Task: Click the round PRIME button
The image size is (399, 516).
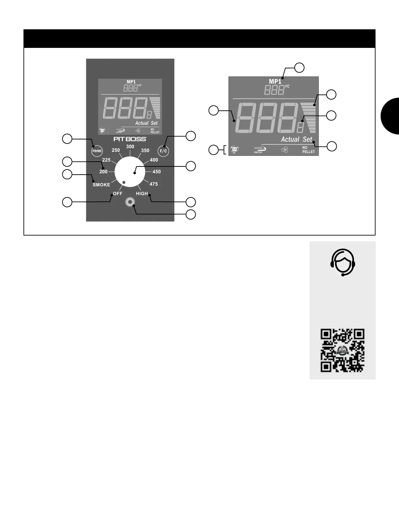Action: (x=97, y=151)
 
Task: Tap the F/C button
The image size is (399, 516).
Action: (x=163, y=151)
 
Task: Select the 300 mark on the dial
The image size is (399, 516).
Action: (x=130, y=147)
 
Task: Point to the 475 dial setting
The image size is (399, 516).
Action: (x=154, y=184)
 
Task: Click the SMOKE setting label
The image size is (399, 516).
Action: (x=101, y=185)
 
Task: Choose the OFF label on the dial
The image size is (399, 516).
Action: (x=117, y=193)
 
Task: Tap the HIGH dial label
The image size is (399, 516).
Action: (x=142, y=193)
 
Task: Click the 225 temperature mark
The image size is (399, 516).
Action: (x=106, y=160)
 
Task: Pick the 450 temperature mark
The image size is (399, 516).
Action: (x=156, y=172)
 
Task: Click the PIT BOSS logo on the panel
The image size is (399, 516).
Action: (x=130, y=139)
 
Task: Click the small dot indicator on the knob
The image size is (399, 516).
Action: (x=124, y=182)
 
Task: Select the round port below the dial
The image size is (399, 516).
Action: (x=130, y=202)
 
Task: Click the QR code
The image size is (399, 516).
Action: (x=342, y=351)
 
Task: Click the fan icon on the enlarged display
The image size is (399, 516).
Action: (x=285, y=150)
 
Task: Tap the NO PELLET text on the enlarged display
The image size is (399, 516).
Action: (x=308, y=150)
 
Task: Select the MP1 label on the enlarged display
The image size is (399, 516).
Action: (x=275, y=81)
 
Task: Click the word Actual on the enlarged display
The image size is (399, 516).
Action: (x=290, y=139)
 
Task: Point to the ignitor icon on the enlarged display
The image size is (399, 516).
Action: (x=260, y=150)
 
